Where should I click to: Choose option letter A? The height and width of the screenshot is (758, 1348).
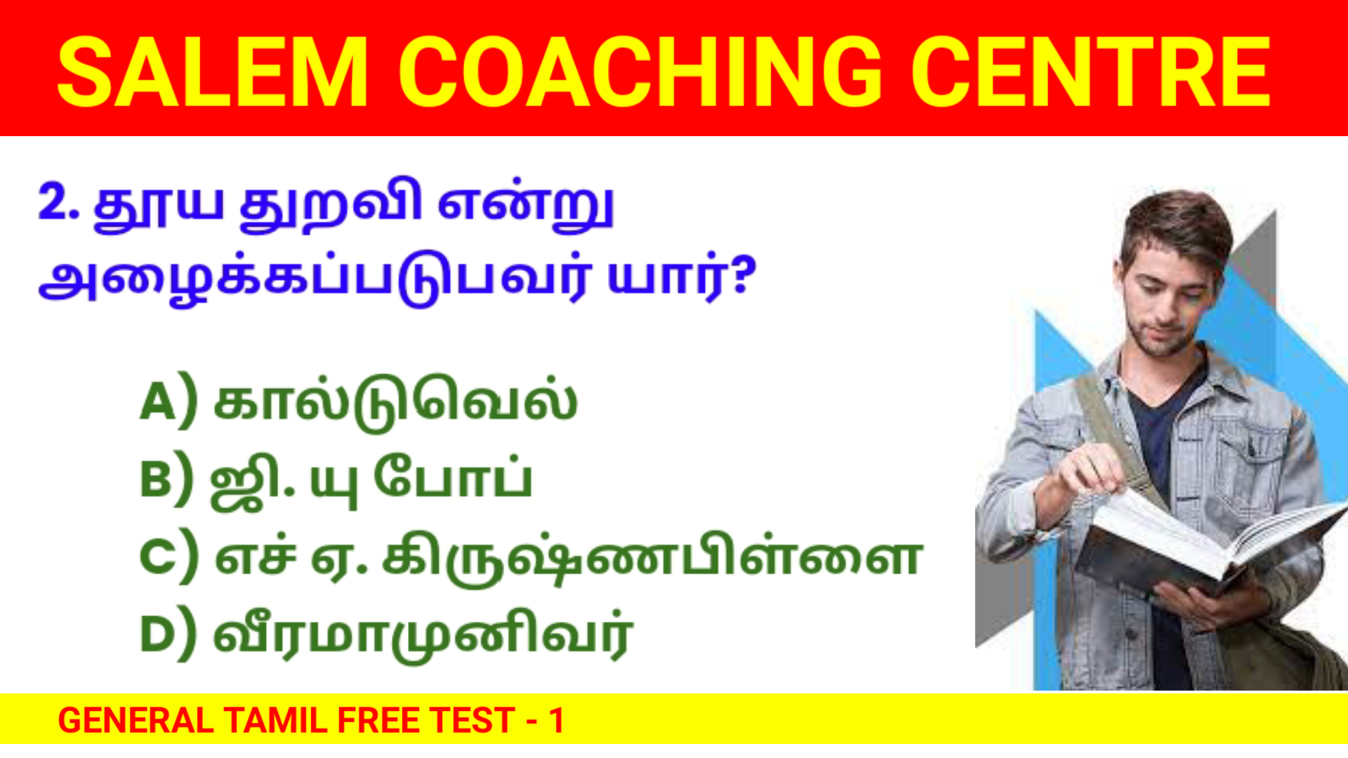pos(157,402)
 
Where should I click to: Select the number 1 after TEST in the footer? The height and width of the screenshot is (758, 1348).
pos(557,720)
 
